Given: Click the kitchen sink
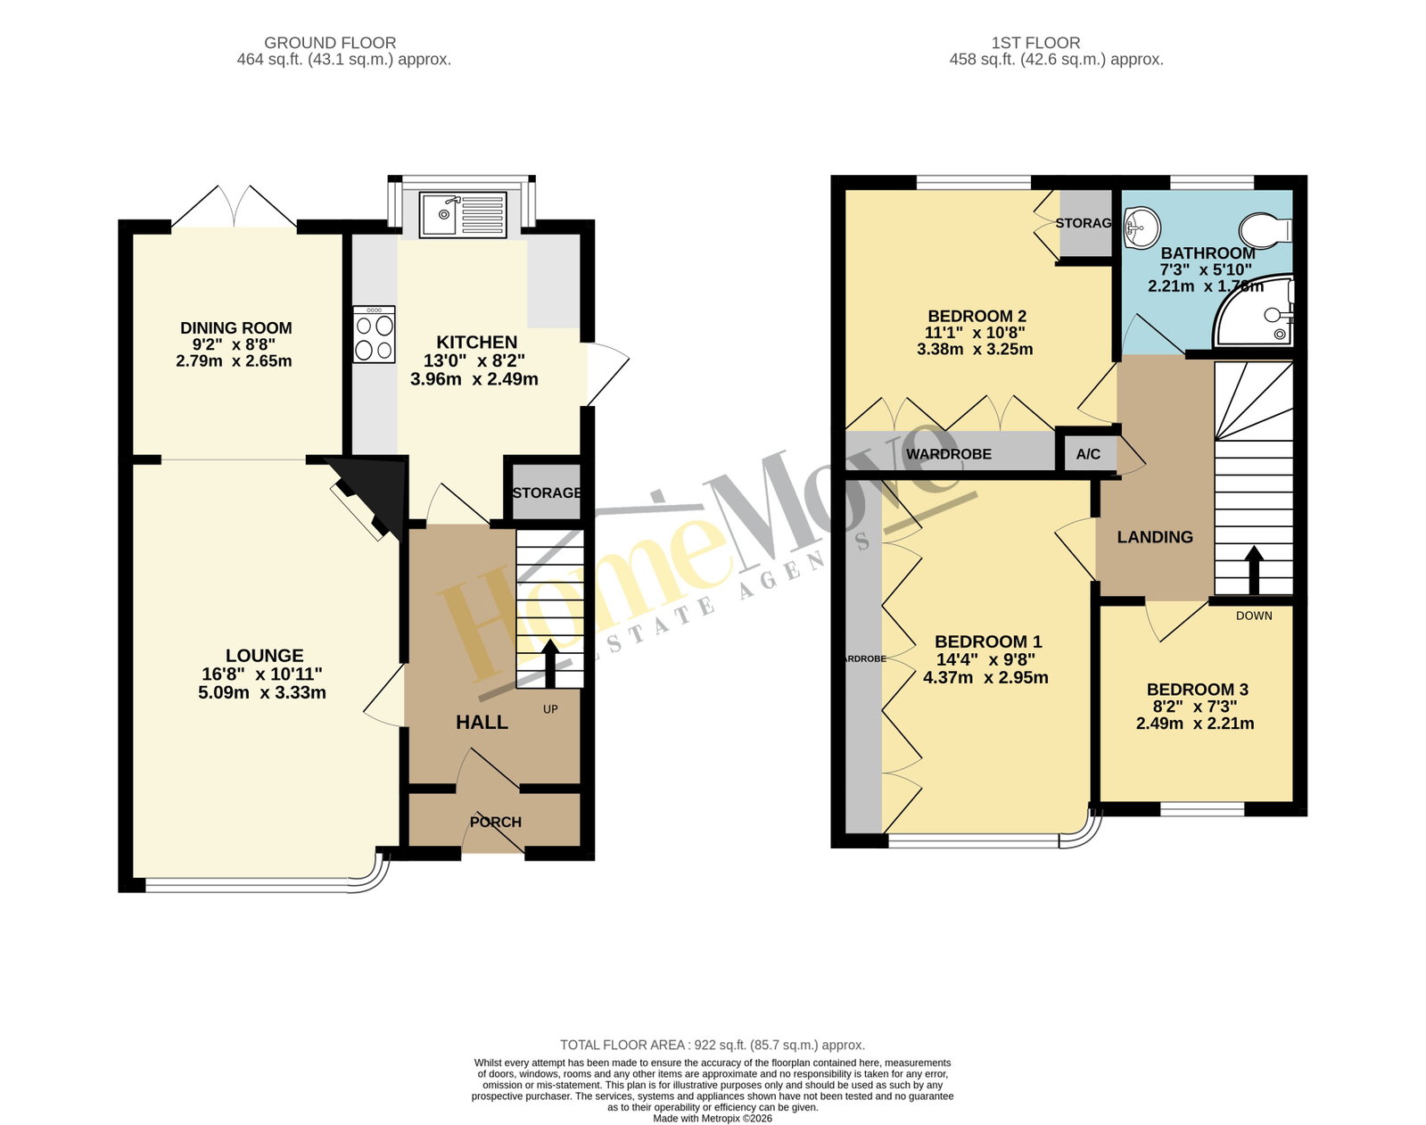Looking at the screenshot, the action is point(463,214).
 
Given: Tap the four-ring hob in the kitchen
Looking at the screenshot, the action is point(375,335).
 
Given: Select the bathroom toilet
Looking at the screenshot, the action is point(1266,230).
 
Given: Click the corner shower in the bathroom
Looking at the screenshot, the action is point(1252,311).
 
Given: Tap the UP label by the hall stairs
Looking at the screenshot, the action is point(550,709).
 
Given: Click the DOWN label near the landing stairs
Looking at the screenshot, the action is point(1255,616).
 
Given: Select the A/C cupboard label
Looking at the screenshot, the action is point(1088,454).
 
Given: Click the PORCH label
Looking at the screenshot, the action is point(496,822).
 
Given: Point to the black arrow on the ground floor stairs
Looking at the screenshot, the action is point(550,664).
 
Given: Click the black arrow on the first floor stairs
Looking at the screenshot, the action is point(1253,570).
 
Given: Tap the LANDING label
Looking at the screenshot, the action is point(1155,537).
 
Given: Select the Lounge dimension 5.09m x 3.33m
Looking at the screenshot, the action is point(261,693).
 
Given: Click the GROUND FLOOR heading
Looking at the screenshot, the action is point(330,43).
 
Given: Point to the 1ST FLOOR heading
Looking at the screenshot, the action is point(1035,43).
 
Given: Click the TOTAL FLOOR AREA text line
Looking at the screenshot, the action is point(713,1045).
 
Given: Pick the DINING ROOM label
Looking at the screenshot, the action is point(236,327).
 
